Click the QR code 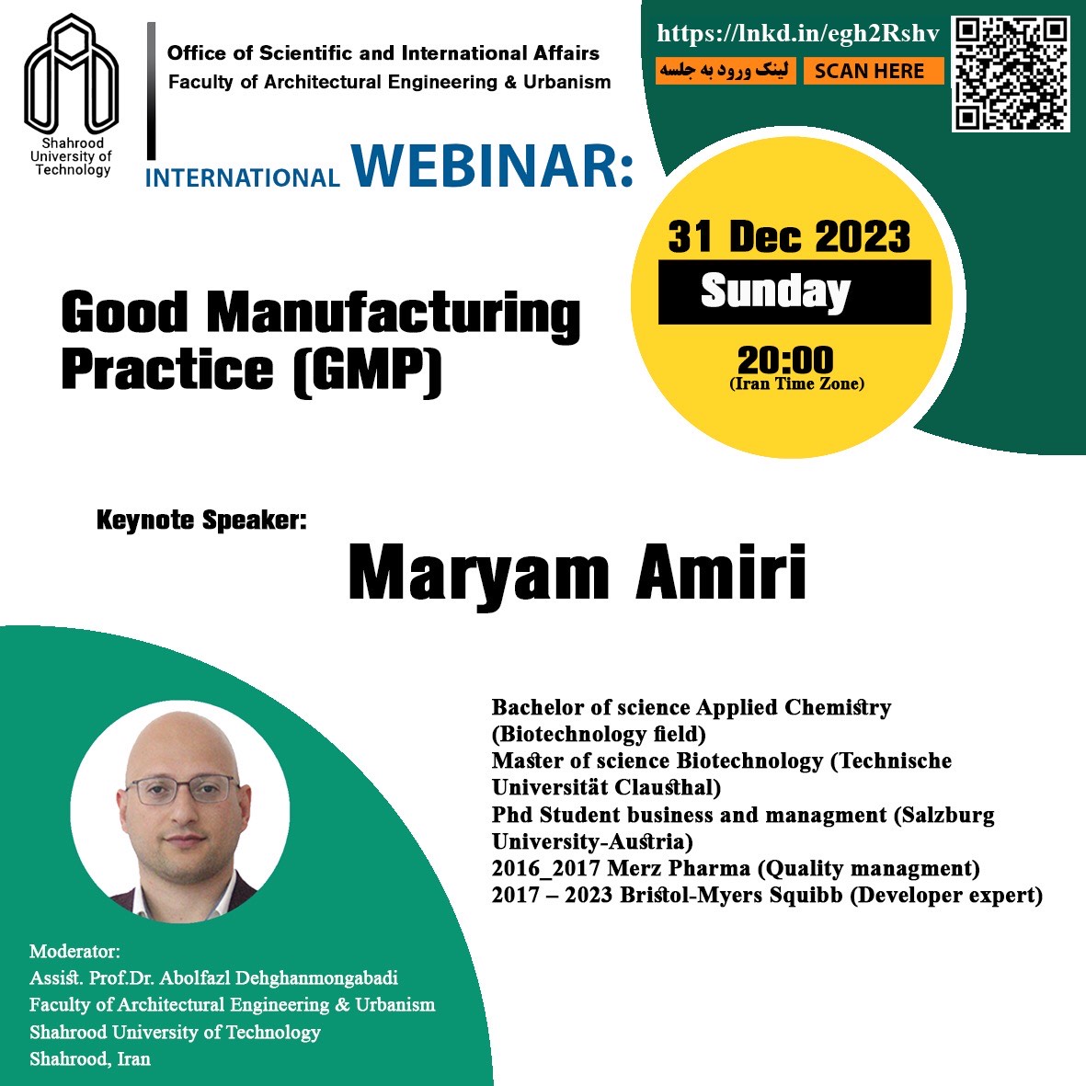point(1011,74)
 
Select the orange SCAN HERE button point(874,71)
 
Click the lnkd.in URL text point(798,33)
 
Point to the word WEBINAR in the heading point(493,166)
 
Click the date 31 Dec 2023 point(789,236)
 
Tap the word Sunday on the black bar point(775,291)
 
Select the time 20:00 point(785,360)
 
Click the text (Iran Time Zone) point(796,383)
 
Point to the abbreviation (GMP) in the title point(368,371)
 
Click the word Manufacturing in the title point(394,314)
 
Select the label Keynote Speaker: point(201,520)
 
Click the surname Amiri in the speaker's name point(720,573)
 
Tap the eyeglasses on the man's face point(183,790)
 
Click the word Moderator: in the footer point(74,951)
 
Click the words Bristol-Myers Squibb point(731,895)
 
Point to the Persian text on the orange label point(726,71)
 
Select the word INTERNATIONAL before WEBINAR point(243,178)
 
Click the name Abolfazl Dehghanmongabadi point(280,978)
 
